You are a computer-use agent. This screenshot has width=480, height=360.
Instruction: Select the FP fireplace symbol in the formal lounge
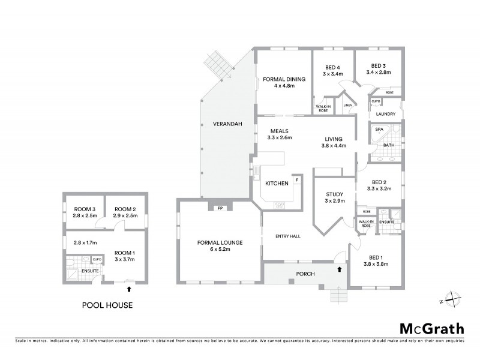(220, 208)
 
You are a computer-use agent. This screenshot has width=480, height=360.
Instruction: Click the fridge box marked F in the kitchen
(296, 179)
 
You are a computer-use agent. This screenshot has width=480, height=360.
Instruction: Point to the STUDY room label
(334, 194)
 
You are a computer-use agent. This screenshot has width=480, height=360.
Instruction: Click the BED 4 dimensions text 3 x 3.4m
(333, 74)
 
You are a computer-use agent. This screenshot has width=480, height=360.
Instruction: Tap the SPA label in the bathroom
(379, 129)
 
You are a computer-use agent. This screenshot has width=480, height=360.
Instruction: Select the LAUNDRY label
(385, 113)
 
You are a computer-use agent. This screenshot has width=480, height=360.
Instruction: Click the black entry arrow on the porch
(341, 269)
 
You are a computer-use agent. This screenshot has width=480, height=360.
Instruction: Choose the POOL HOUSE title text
(107, 305)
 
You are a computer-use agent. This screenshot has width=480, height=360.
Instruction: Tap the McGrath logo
(431, 328)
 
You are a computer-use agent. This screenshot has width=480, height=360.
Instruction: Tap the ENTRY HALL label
(287, 236)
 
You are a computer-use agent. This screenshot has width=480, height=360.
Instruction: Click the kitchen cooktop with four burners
(280, 205)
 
